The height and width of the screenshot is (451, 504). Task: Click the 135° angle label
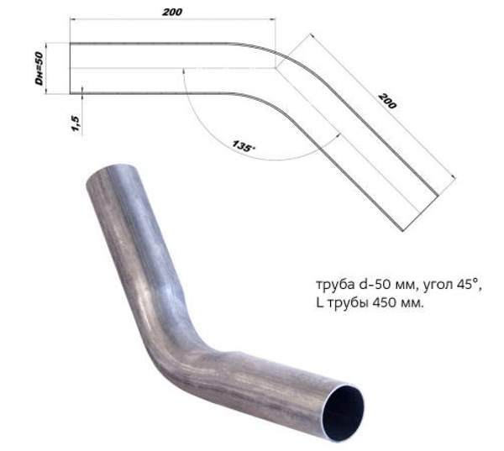coord(244,144)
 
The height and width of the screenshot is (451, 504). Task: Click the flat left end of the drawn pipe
coord(69,68)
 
